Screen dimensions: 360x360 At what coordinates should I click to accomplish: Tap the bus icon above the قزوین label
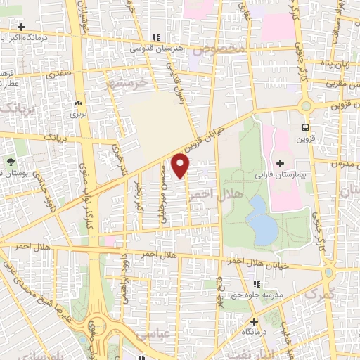(x=305, y=127)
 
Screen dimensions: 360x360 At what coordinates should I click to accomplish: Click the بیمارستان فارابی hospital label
(x=281, y=172)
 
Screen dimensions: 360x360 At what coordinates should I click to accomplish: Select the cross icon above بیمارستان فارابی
(x=281, y=162)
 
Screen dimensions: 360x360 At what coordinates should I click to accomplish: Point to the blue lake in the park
(x=262, y=219)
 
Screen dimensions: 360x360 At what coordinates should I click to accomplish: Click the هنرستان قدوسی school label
(x=156, y=49)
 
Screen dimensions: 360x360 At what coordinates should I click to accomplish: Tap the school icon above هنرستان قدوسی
(x=156, y=37)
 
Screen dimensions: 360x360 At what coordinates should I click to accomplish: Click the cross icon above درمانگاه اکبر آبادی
(x=24, y=27)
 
